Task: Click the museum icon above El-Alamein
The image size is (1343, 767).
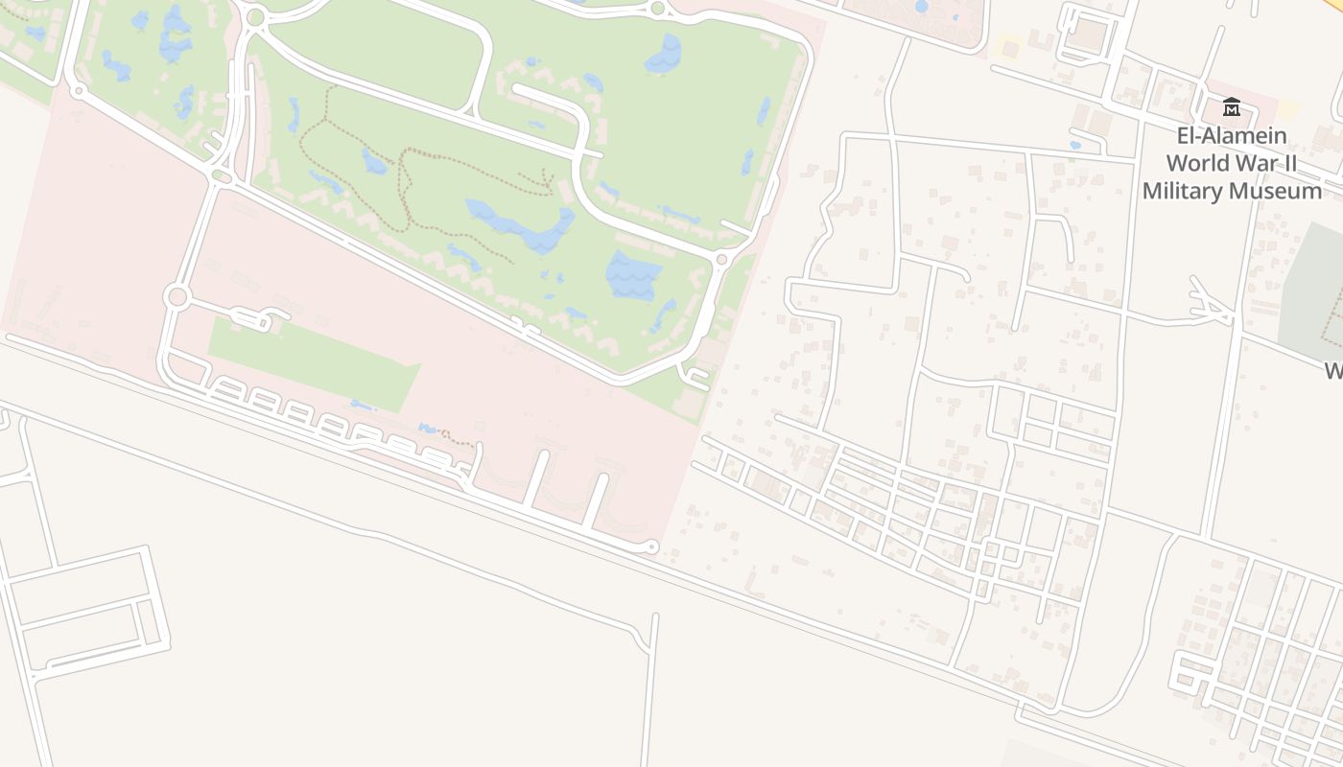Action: click(1232, 107)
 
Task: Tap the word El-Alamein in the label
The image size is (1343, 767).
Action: click(1226, 136)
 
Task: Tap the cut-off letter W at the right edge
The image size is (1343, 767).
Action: click(1334, 371)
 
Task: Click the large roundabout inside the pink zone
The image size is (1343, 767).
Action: click(176, 296)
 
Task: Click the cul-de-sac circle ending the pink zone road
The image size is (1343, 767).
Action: click(653, 547)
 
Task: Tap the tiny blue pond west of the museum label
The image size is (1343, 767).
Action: click(1074, 146)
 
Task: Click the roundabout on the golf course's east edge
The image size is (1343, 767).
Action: click(722, 259)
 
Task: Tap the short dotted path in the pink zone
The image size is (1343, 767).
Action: click(458, 439)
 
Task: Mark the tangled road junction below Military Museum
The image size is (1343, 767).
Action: click(1211, 304)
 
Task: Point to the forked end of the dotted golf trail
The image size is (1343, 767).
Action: click(546, 179)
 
